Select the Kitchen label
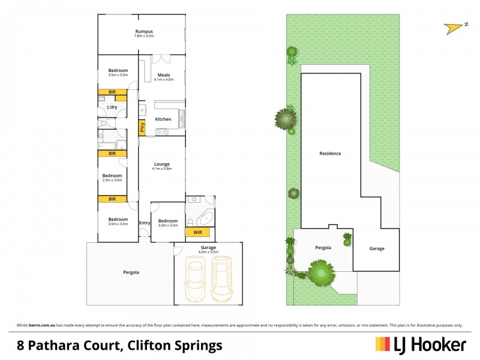(163, 119)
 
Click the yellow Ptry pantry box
(142, 127)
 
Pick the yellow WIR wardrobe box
(196, 232)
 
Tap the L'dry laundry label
(112, 107)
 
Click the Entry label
(144, 223)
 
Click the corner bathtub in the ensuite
(205, 217)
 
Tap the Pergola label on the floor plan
(131, 272)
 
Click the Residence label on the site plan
(330, 154)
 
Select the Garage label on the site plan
(376, 248)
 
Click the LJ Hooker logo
(421, 344)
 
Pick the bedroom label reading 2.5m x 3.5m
(112, 178)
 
